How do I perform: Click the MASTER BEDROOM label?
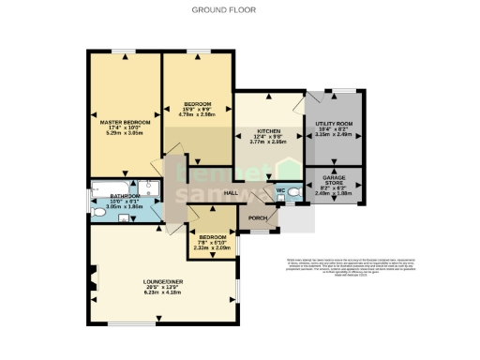[x=125, y=122]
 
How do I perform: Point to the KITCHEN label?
[x=269, y=132]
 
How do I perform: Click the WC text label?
[x=279, y=191]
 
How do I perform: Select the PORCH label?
[x=257, y=217]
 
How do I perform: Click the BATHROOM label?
[x=125, y=196]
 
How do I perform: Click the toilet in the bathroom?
[x=98, y=214]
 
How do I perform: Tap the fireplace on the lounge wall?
[x=92, y=278]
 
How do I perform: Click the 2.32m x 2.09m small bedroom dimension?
[x=211, y=247]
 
